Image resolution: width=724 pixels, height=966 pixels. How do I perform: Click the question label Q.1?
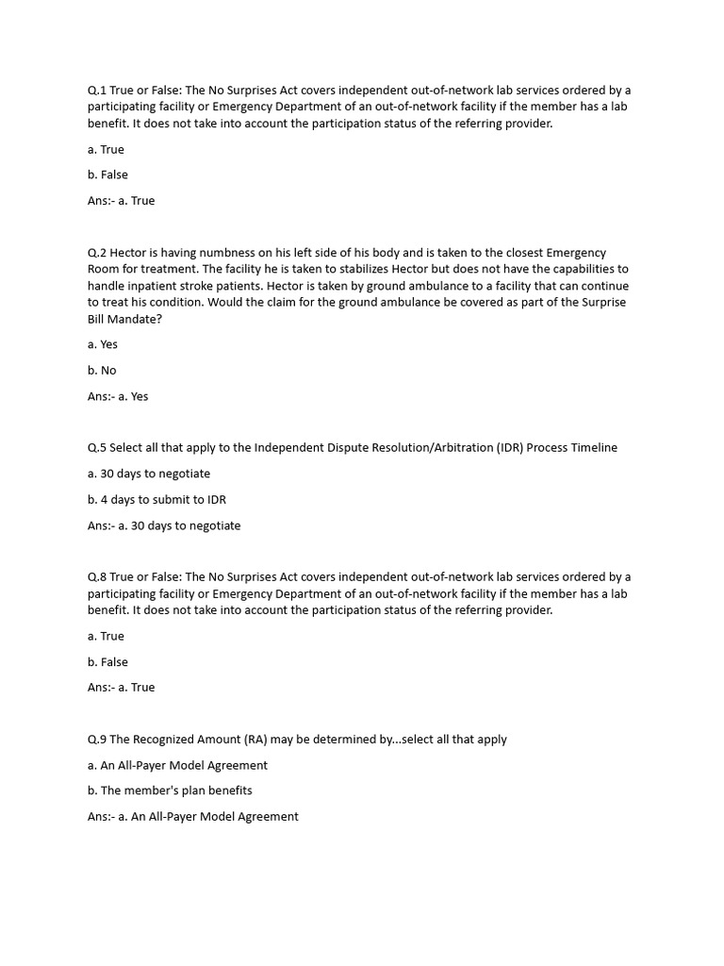(97, 90)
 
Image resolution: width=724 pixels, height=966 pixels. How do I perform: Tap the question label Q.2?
(97, 253)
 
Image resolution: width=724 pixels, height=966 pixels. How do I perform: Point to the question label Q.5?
(97, 447)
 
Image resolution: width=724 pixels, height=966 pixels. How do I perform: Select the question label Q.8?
(97, 576)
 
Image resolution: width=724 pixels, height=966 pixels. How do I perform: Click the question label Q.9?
(97, 739)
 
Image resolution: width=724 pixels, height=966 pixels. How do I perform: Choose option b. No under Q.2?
(102, 370)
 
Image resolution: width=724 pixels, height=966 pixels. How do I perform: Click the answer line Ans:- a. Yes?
(118, 396)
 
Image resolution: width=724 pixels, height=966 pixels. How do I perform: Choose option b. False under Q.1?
(107, 175)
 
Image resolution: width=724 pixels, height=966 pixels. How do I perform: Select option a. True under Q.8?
(106, 636)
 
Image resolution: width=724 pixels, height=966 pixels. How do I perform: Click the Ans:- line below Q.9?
(192, 816)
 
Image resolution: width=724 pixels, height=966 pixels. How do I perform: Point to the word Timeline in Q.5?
(593, 447)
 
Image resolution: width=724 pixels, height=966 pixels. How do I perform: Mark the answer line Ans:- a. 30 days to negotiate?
(164, 525)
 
